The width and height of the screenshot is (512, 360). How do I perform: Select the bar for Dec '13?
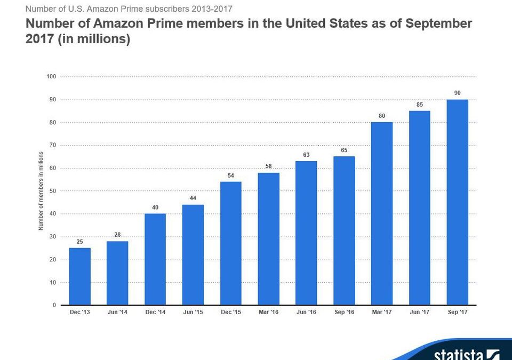coord(80,276)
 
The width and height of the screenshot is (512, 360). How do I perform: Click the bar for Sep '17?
coord(458,203)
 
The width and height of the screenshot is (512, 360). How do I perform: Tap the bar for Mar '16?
coord(269,239)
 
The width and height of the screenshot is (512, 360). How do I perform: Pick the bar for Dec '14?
coord(155,259)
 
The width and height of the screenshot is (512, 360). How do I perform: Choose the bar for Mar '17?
coord(382,213)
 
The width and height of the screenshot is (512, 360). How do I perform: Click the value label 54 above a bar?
coord(231,175)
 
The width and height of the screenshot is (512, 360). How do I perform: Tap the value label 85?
coord(420,105)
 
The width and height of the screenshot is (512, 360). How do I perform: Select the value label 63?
coord(306,155)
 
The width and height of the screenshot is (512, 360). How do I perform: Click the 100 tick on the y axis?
coord(51,77)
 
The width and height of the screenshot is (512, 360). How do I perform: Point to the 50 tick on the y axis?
coord(52,191)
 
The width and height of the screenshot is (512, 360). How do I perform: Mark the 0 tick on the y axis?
coord(54,305)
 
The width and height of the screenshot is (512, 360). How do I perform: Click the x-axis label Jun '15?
coord(193,313)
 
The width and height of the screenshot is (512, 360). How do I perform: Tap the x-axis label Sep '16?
coord(344,313)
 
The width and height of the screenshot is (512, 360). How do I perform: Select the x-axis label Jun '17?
coord(420,313)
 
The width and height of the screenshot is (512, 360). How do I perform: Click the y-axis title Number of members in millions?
coord(41,191)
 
